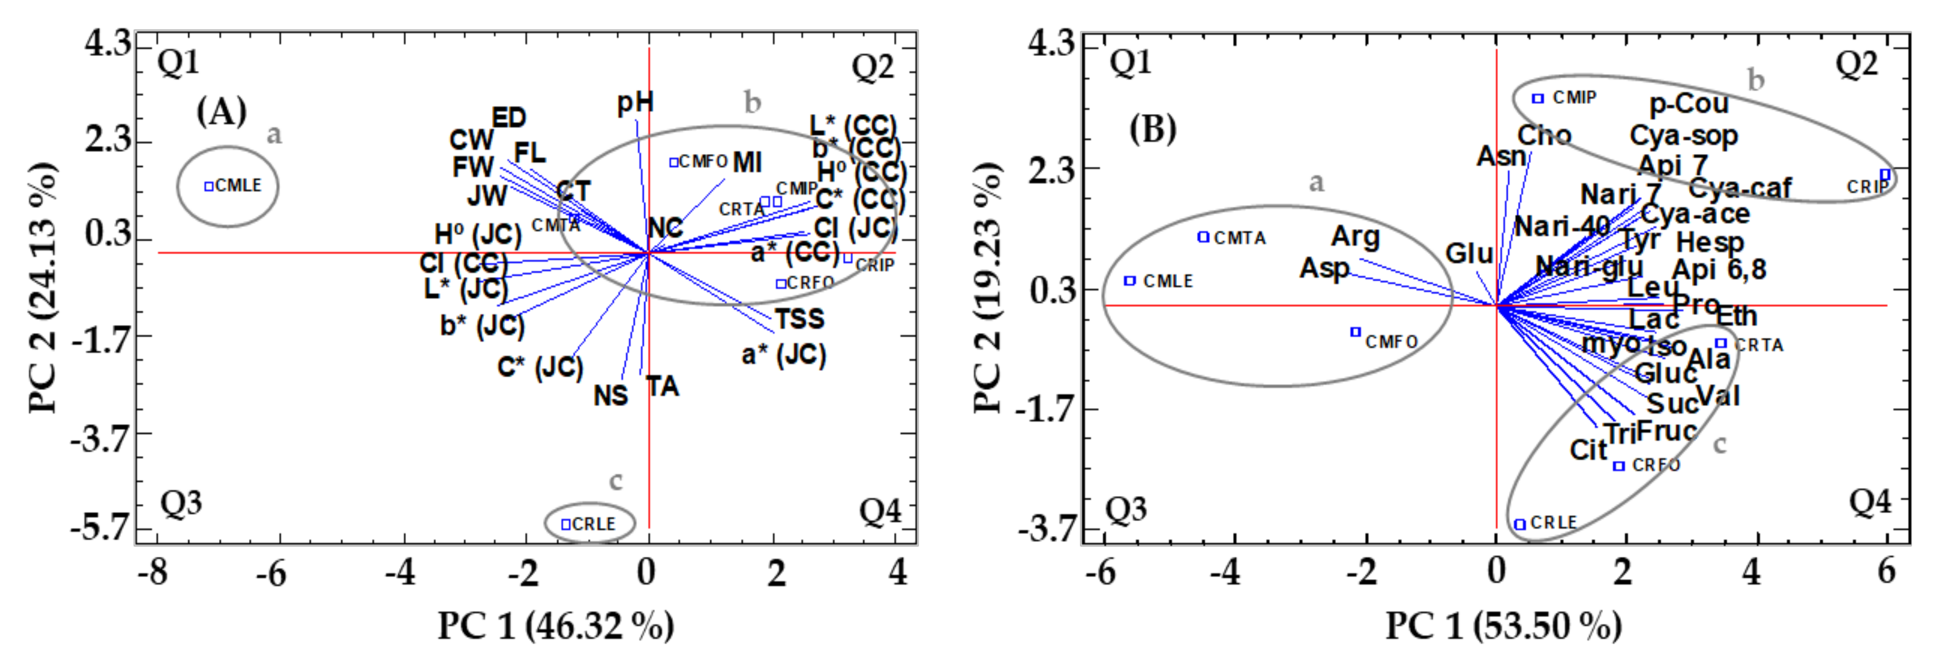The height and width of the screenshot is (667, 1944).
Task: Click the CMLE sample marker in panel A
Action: (209, 186)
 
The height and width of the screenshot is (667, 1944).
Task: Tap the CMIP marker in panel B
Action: (1537, 98)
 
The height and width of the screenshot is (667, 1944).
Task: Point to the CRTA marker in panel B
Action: (1721, 343)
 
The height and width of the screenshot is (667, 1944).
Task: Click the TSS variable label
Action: (799, 319)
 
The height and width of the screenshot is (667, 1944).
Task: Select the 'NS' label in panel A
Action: (610, 395)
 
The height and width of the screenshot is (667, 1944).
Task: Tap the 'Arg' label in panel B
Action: (1356, 236)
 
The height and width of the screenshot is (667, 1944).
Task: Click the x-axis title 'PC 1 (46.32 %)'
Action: (556, 626)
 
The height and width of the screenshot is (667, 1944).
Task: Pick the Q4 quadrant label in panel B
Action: (1869, 501)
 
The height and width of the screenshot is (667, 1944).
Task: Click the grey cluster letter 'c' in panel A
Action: (616, 481)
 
